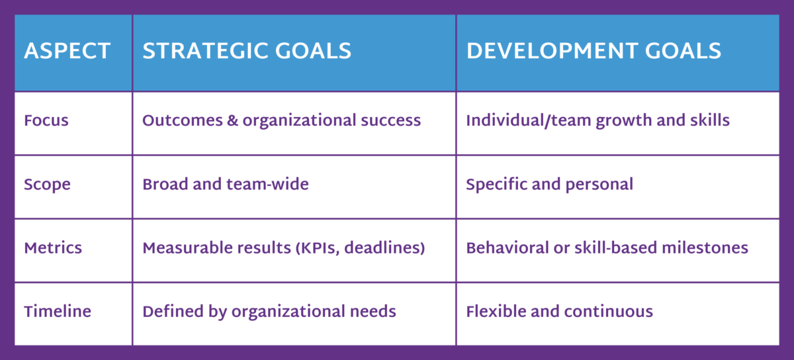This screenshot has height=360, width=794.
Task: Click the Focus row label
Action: click(x=46, y=121)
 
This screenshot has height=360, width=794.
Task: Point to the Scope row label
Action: click(x=48, y=184)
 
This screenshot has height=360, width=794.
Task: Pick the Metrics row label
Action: click(x=53, y=248)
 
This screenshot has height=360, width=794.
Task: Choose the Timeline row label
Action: click(x=58, y=312)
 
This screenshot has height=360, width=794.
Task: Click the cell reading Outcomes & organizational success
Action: click(x=281, y=121)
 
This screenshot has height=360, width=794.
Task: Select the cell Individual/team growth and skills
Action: click(x=597, y=121)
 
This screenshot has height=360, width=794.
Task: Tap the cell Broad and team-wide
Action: click(x=226, y=184)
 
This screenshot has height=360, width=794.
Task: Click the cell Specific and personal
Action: click(x=549, y=184)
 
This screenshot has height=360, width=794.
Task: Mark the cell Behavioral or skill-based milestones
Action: click(x=607, y=248)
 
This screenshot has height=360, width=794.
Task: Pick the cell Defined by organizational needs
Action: click(x=269, y=312)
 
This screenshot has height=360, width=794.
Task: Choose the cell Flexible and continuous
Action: click(x=559, y=312)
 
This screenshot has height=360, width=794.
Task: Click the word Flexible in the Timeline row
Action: click(x=493, y=312)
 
